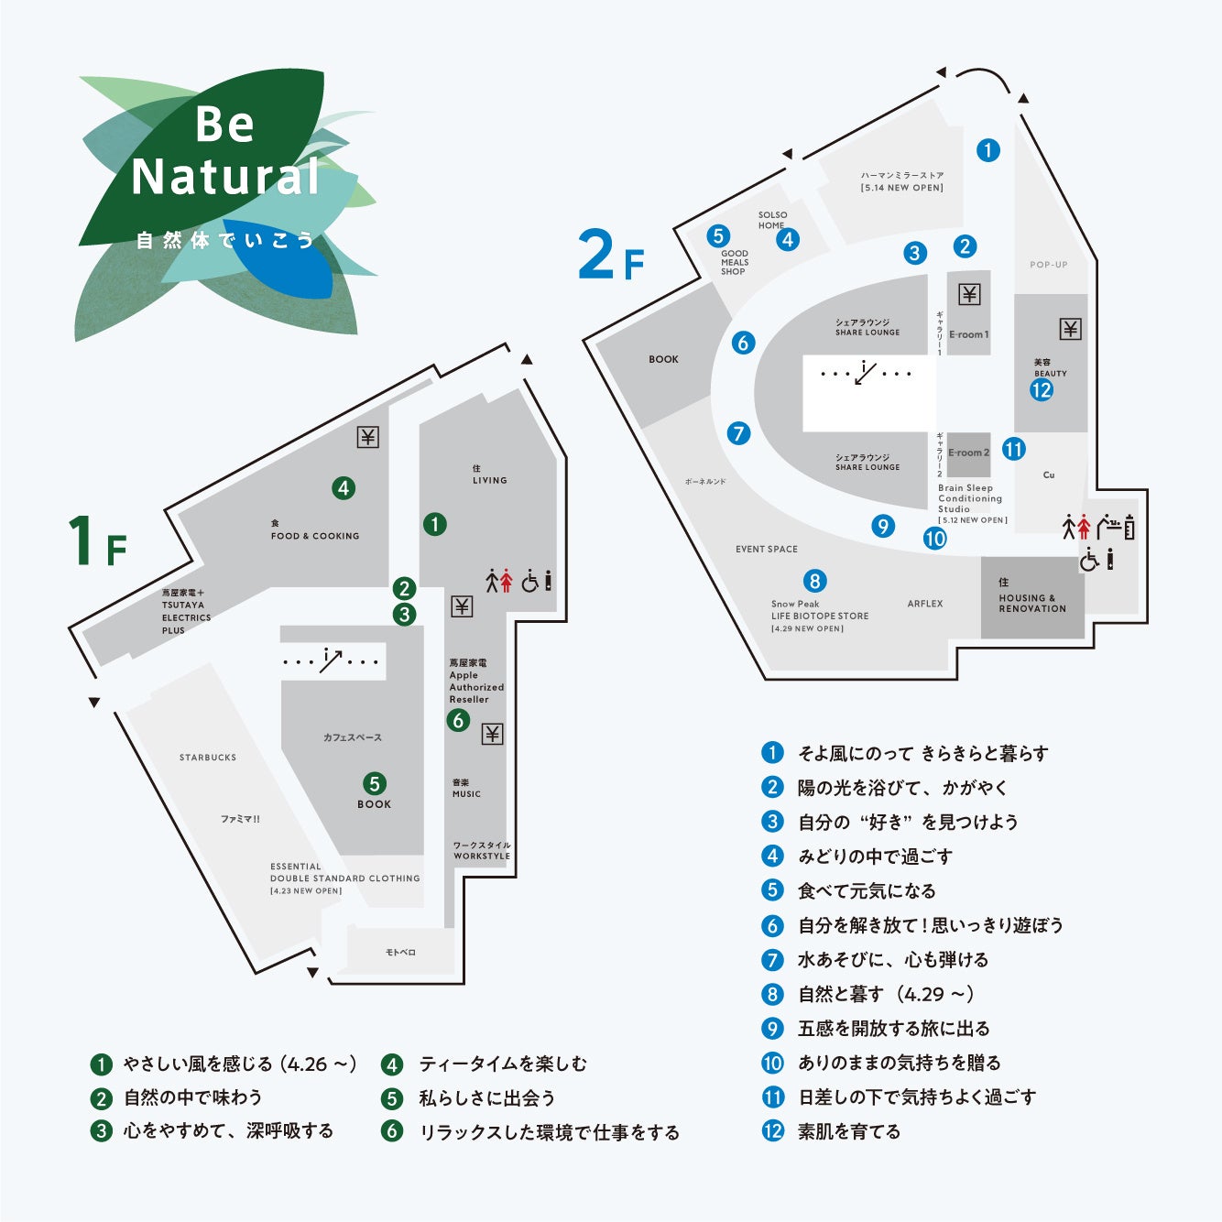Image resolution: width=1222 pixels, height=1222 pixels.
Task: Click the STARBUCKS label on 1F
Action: click(x=208, y=758)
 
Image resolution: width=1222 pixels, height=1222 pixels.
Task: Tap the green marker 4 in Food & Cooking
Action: click(x=344, y=488)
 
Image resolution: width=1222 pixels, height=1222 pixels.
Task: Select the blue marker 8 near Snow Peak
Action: click(x=814, y=581)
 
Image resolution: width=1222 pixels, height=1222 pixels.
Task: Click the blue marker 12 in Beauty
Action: click(x=1042, y=389)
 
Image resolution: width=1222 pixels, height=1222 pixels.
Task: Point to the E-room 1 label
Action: click(x=969, y=334)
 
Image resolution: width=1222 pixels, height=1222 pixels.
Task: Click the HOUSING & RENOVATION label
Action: click(x=1032, y=603)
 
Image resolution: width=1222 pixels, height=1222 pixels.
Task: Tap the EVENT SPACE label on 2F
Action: click(x=767, y=549)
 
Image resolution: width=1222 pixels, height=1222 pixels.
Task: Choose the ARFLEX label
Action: click(x=925, y=604)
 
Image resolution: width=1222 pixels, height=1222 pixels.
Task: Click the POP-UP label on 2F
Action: click(x=1049, y=265)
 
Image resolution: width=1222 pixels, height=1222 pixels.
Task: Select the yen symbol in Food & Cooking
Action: click(x=367, y=437)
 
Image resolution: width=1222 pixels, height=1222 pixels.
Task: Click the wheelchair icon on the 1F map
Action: click(x=530, y=581)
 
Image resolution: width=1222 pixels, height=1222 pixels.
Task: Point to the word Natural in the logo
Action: click(x=225, y=176)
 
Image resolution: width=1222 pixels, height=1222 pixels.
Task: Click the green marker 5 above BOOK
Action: click(x=374, y=783)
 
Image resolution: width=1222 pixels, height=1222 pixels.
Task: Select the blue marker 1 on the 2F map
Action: click(x=987, y=150)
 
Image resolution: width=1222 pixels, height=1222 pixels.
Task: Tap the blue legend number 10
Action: click(x=772, y=1063)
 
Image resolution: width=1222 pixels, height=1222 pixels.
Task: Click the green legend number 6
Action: click(x=392, y=1131)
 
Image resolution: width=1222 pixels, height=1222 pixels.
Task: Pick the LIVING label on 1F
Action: click(x=490, y=480)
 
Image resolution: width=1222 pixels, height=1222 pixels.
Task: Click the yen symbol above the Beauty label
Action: click(x=1070, y=329)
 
